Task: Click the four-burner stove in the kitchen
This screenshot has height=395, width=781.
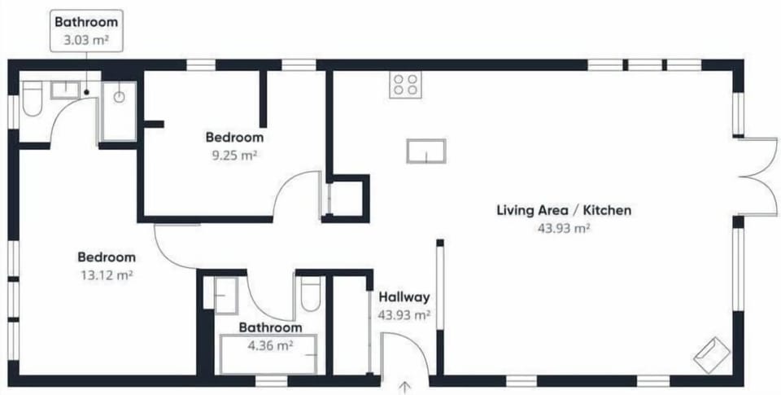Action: [405, 85]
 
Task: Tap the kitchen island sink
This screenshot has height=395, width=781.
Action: [425, 151]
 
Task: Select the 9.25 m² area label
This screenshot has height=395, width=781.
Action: [234, 155]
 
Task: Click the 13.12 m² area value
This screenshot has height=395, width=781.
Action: [107, 274]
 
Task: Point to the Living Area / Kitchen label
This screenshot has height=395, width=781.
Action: [564, 210]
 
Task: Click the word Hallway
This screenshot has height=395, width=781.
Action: [404, 297]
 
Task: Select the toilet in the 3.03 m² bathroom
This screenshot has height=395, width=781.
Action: [33, 99]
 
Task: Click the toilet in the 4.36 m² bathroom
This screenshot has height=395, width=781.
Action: [310, 294]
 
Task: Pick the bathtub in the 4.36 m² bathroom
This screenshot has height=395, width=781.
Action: [268, 354]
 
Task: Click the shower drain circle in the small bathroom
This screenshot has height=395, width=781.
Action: [119, 97]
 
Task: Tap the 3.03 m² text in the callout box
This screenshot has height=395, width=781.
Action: [85, 40]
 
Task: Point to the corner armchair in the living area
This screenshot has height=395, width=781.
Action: [711, 354]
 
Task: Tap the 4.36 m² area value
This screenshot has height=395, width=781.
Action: [270, 345]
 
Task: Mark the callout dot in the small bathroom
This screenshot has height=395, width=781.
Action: [86, 92]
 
